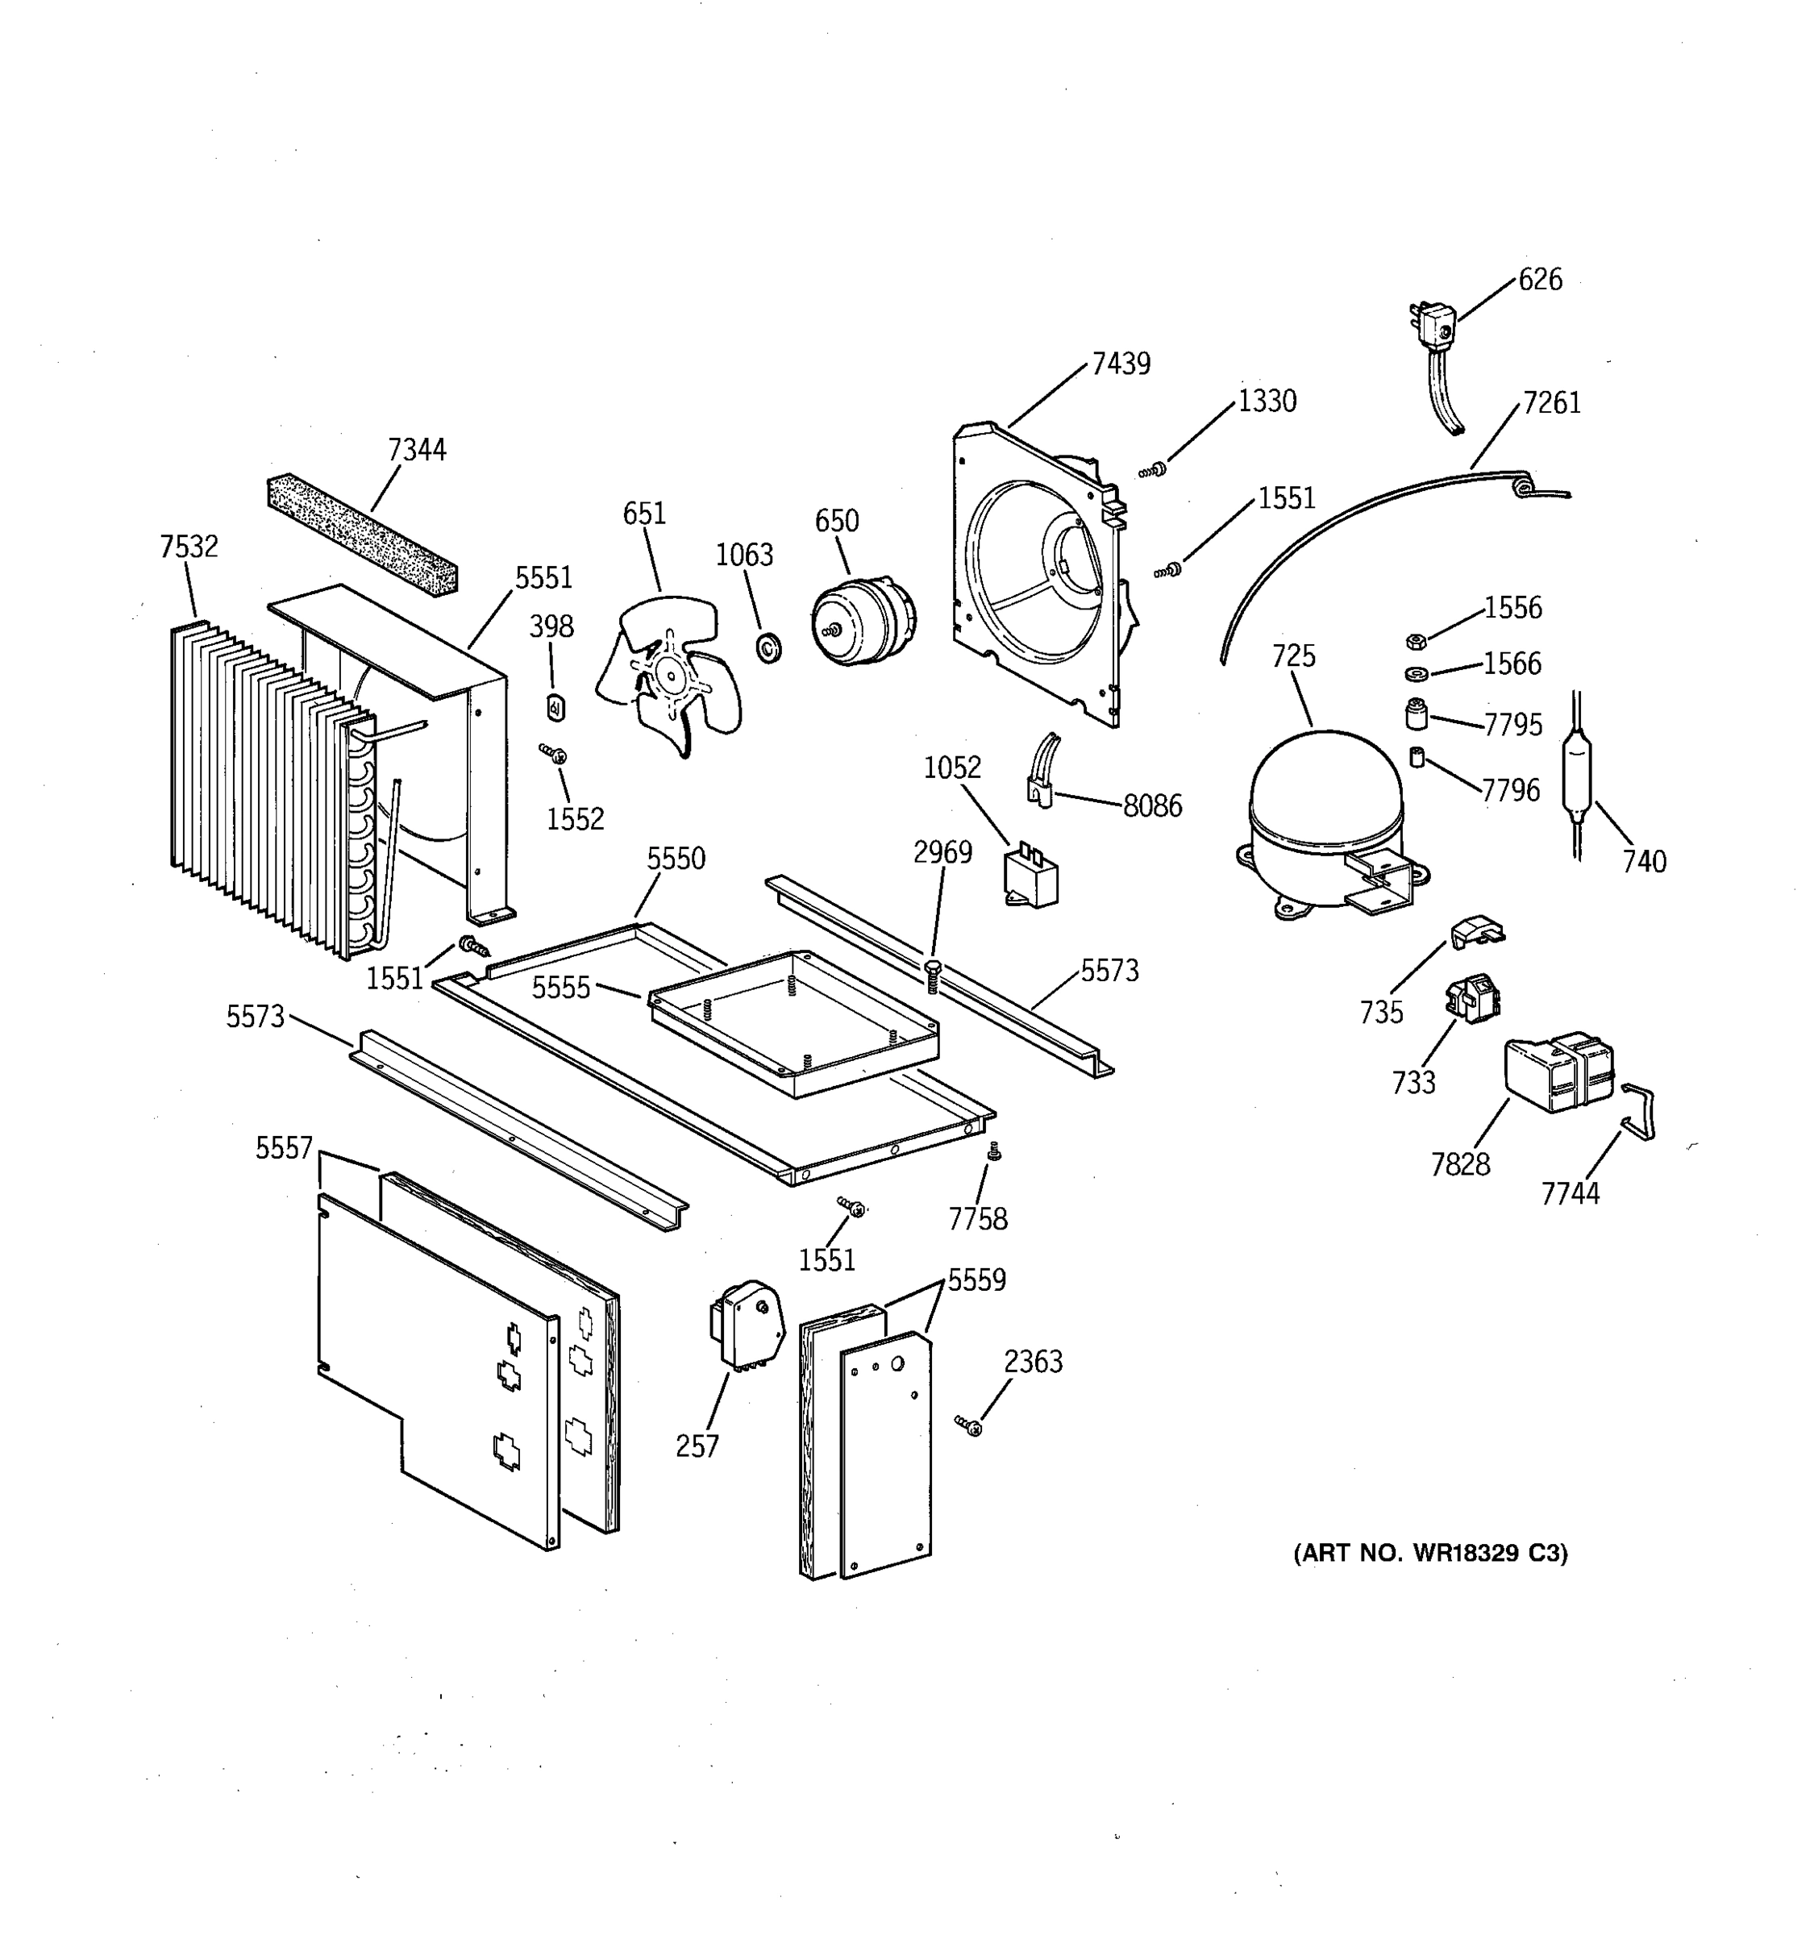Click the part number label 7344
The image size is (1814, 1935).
417,450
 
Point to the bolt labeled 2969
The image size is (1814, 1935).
932,973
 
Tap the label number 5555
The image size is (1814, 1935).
560,988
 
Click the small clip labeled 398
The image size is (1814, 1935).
555,708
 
